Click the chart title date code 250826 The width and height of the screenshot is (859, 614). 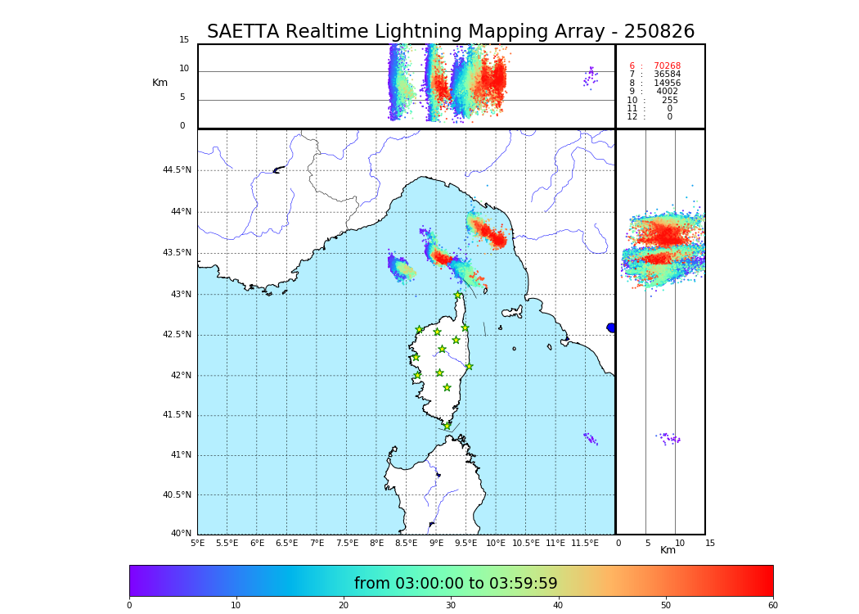click(x=659, y=32)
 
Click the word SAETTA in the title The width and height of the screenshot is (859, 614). click(x=243, y=32)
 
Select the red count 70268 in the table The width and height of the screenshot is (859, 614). click(x=667, y=66)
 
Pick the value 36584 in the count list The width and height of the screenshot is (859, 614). click(x=667, y=74)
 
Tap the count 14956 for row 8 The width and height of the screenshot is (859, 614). click(x=667, y=84)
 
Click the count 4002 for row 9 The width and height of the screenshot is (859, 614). click(x=667, y=92)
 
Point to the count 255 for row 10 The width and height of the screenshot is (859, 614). click(x=669, y=101)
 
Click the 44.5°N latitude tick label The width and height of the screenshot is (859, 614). click(x=177, y=170)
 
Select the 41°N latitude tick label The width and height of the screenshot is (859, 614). click(x=179, y=455)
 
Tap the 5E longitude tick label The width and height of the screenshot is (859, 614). click(x=198, y=543)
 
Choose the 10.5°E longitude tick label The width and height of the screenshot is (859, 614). click(x=526, y=543)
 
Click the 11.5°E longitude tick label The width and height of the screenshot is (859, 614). click(x=586, y=543)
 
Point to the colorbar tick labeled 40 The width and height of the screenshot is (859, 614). click(x=558, y=605)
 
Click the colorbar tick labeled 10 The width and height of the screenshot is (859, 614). click(x=236, y=605)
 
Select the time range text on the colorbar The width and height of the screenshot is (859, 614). click(x=456, y=584)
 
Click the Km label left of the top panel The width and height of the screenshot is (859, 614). click(x=160, y=83)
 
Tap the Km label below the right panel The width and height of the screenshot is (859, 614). click(x=668, y=550)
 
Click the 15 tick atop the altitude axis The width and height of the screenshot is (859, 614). click(x=184, y=40)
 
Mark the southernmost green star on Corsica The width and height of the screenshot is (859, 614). click(x=447, y=426)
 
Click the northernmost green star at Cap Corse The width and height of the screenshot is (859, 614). click(x=458, y=296)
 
